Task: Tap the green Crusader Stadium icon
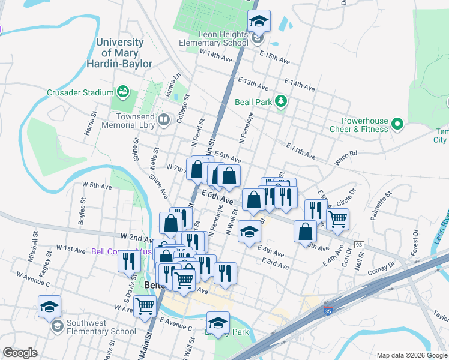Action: pyautogui.click(x=124, y=92)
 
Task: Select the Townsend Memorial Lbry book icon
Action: pyautogui.click(x=163, y=121)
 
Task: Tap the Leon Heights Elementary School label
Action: pyautogui.click(x=214, y=39)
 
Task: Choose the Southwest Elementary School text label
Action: pyautogui.click(x=101, y=327)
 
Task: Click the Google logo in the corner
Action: pyautogui.click(x=20, y=353)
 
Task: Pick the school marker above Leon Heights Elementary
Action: pyautogui.click(x=259, y=22)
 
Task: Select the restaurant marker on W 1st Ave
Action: pyautogui.click(x=129, y=261)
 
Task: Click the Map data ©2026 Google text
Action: pyautogui.click(x=411, y=355)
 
